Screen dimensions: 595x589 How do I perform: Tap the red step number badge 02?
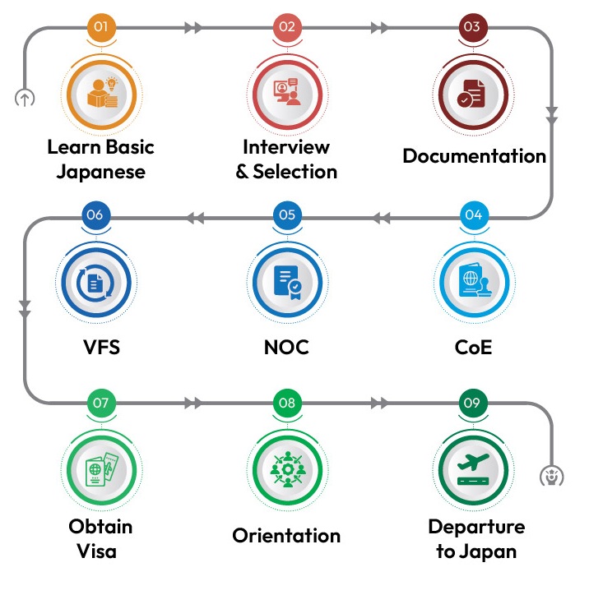287,26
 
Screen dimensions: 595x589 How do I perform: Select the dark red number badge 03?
471,26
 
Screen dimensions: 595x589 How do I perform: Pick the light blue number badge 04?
472,215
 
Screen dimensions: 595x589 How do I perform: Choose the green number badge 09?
471,403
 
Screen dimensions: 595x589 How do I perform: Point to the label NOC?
287,347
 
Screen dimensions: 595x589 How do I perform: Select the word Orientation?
286,536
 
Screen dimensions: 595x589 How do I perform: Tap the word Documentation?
474,156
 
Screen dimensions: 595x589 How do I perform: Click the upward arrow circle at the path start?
25,99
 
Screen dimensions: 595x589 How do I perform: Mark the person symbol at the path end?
551,475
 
